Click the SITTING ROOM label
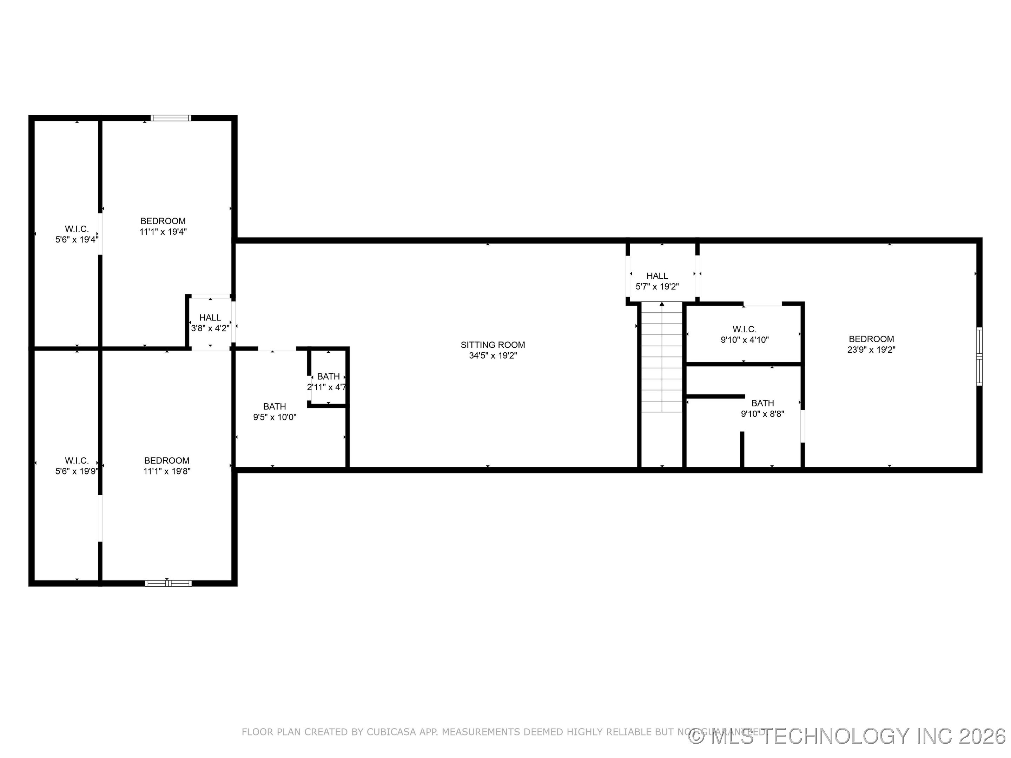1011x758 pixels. pos(493,345)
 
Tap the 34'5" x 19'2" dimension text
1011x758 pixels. pos(493,356)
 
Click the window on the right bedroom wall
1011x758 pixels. pos(979,357)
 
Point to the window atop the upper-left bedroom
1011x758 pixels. pos(171,118)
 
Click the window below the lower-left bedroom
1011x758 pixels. pos(168,583)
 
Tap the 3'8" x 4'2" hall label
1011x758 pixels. pos(210,328)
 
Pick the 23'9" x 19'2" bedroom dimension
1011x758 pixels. pos(871,350)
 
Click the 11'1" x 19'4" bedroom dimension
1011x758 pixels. pos(163,232)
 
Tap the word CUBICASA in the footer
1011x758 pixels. pos(392,732)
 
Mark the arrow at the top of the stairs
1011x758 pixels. pos(662,304)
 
